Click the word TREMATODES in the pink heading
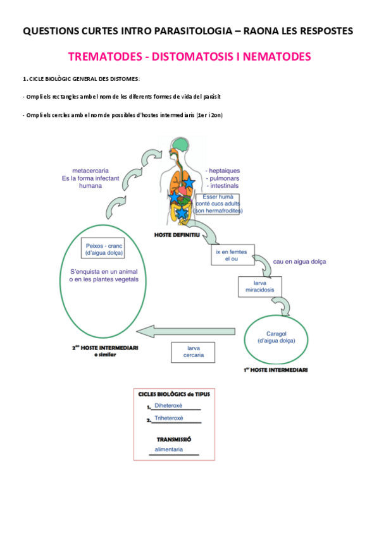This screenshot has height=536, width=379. [105, 57]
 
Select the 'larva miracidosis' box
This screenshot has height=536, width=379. [259, 288]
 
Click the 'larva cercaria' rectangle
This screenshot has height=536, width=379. [194, 351]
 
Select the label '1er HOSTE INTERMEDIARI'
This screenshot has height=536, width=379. [276, 370]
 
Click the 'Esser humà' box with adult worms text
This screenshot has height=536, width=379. [219, 204]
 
